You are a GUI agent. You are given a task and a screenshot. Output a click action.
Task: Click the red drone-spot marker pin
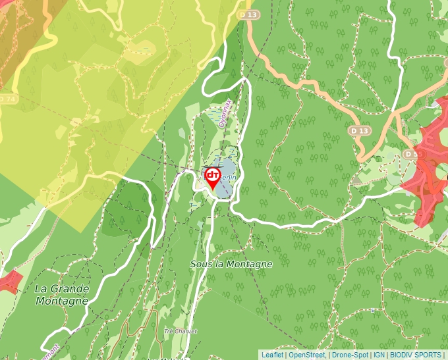pyautogui.click(x=213, y=176)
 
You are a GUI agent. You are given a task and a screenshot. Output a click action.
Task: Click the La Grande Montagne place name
pyautogui.click(x=61, y=294)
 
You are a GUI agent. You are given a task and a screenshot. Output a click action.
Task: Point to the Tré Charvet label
pyautogui.click(x=181, y=331)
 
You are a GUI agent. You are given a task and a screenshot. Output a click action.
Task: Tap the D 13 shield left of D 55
pyautogui.click(x=358, y=131)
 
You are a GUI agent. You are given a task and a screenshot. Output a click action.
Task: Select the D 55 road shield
pyautogui.click(x=412, y=154)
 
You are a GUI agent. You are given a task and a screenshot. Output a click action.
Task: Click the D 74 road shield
pyautogui.click(x=7, y=99)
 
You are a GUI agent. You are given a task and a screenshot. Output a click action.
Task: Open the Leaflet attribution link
pyautogui.click(x=272, y=355)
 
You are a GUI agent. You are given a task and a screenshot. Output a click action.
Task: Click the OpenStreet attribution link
pyautogui.click(x=307, y=355)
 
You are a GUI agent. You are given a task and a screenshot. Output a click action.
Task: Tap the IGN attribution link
pyautogui.click(x=379, y=355)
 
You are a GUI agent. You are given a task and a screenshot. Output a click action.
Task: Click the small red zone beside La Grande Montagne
pyautogui.click(x=10, y=282)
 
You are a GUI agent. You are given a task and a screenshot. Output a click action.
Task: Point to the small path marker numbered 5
pyautogui.click(x=372, y=310)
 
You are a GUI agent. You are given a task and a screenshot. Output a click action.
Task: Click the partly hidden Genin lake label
pyautogui.click(x=229, y=176)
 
